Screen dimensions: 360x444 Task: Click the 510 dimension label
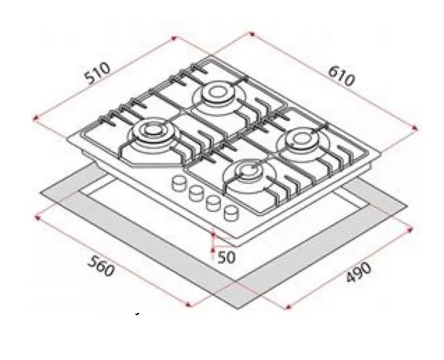pos(96,73)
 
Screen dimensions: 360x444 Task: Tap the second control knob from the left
pos(192,192)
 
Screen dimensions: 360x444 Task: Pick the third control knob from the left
pos(212,202)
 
